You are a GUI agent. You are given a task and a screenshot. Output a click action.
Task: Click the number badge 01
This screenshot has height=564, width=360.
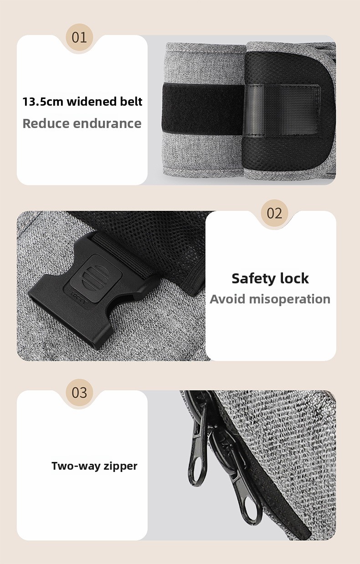click(x=79, y=37)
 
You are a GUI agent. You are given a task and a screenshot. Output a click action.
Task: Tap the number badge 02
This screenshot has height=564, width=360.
click(x=274, y=213)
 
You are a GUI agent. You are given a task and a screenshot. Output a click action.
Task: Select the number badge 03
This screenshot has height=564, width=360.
click(x=79, y=392)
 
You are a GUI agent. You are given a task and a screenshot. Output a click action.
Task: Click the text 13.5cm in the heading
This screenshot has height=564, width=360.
click(x=43, y=102)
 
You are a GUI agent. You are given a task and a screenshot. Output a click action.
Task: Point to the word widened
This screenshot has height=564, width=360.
click(x=91, y=101)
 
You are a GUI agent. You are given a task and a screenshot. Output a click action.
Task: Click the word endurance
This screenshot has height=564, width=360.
click(x=108, y=123)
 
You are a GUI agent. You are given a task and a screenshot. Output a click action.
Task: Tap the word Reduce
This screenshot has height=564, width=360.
click(x=46, y=123)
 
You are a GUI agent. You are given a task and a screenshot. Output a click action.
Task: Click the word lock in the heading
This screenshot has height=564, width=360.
click(x=294, y=278)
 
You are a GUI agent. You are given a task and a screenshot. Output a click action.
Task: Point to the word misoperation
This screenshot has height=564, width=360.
click(x=290, y=299)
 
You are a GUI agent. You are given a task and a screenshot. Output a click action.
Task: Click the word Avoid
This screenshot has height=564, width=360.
click(x=228, y=299)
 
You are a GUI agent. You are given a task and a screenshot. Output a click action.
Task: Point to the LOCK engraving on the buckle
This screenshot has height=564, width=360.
click(x=78, y=298)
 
